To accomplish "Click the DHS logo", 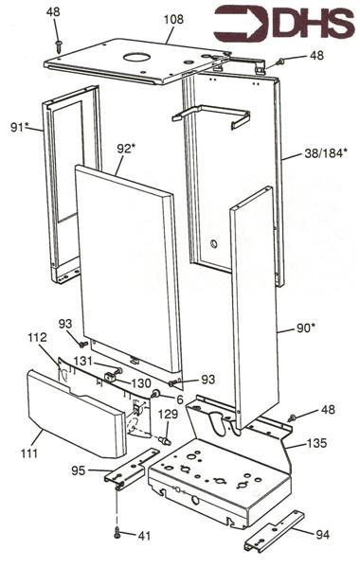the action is click(x=284, y=25).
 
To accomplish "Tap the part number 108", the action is click(x=173, y=19).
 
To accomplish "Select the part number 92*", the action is click(x=126, y=149).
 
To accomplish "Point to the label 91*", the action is click(x=20, y=127).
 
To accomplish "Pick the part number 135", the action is click(x=316, y=443).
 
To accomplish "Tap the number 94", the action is click(x=322, y=534).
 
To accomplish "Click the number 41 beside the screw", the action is click(x=144, y=536).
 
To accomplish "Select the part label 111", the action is click(x=29, y=453).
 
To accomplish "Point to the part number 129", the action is click(x=169, y=414).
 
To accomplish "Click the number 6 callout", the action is click(x=180, y=399).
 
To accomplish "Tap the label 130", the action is click(x=141, y=382).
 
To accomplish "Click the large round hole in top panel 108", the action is click(x=136, y=57).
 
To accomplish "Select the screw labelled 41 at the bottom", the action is click(x=117, y=532).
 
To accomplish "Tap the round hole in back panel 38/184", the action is click(x=214, y=244).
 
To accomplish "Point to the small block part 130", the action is click(x=110, y=377).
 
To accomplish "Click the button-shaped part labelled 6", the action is click(x=156, y=393).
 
